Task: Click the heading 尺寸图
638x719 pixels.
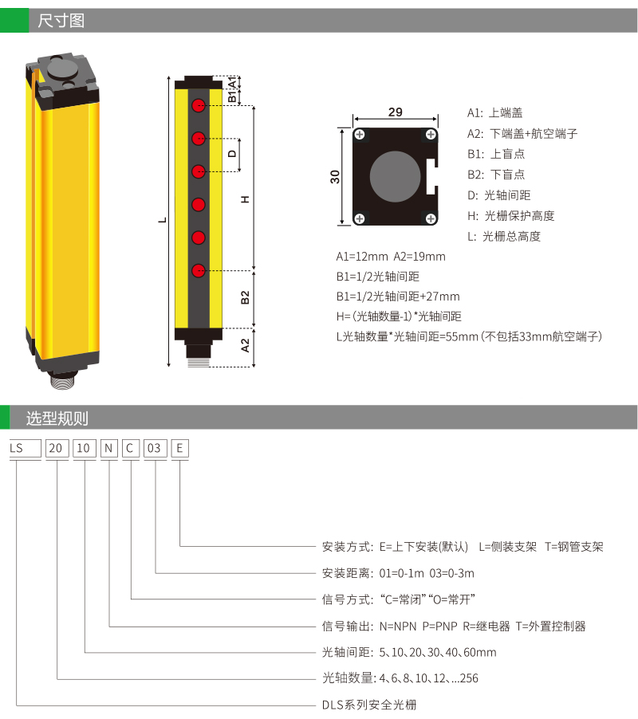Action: coord(61,21)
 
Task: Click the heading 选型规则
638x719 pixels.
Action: coord(57,418)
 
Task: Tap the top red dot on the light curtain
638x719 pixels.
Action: coord(198,105)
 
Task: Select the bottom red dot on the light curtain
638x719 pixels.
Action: coord(198,270)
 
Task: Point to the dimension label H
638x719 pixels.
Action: coord(246,199)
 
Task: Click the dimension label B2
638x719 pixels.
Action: coord(246,297)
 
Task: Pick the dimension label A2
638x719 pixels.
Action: coord(246,345)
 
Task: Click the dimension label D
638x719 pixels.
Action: coord(232,154)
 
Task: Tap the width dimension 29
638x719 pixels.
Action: coord(396,112)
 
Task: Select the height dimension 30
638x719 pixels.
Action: coord(335,176)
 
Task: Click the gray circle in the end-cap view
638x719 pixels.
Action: coord(395,176)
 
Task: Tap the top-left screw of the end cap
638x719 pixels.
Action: coord(360,135)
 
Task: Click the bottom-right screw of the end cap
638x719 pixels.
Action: coord(431,218)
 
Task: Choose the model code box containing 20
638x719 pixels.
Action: coord(57,449)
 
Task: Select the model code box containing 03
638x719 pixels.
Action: coord(155,449)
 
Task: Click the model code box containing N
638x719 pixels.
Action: coord(109,449)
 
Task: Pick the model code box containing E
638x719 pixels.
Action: coord(179,449)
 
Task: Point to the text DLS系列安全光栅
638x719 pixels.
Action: coord(369,705)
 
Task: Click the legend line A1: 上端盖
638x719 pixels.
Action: coord(495,113)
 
